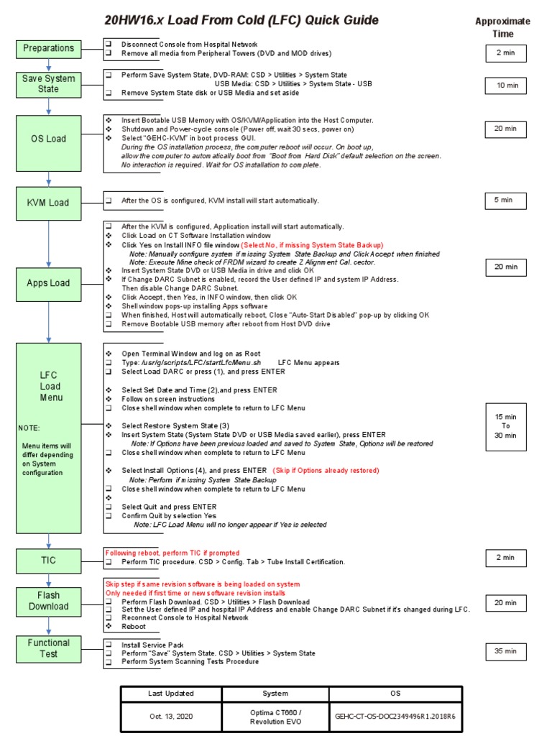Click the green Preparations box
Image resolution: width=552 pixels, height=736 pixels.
pyautogui.click(x=48, y=48)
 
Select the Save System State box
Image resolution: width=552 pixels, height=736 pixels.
pyautogui.click(x=48, y=84)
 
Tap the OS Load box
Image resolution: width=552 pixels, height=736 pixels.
pyautogui.click(x=48, y=139)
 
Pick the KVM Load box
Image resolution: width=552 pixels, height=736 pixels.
pyautogui.click(x=48, y=203)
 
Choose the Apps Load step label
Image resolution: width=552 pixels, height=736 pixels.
pyautogui.click(x=48, y=283)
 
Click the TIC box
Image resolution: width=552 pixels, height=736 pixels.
pyautogui.click(x=48, y=560)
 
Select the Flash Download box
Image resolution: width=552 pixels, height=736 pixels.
pyautogui.click(x=48, y=601)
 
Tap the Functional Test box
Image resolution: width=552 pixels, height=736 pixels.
pyautogui.click(x=48, y=648)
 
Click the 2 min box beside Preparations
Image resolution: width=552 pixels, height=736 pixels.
pyautogui.click(x=505, y=53)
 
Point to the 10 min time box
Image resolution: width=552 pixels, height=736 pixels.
pyautogui.click(x=505, y=86)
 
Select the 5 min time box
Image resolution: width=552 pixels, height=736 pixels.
pyautogui.click(x=505, y=201)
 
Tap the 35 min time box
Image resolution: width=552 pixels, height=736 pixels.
pyautogui.click(x=505, y=651)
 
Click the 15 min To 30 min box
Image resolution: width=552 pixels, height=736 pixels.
pyautogui.click(x=505, y=425)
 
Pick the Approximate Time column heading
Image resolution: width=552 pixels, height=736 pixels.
pyautogui.click(x=503, y=27)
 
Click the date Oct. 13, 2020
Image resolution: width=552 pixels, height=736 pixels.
pyautogui.click(x=170, y=717)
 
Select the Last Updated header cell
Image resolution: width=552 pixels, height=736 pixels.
pyautogui.click(x=170, y=694)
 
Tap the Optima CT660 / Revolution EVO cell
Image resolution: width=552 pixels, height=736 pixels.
pyautogui.click(x=275, y=717)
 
